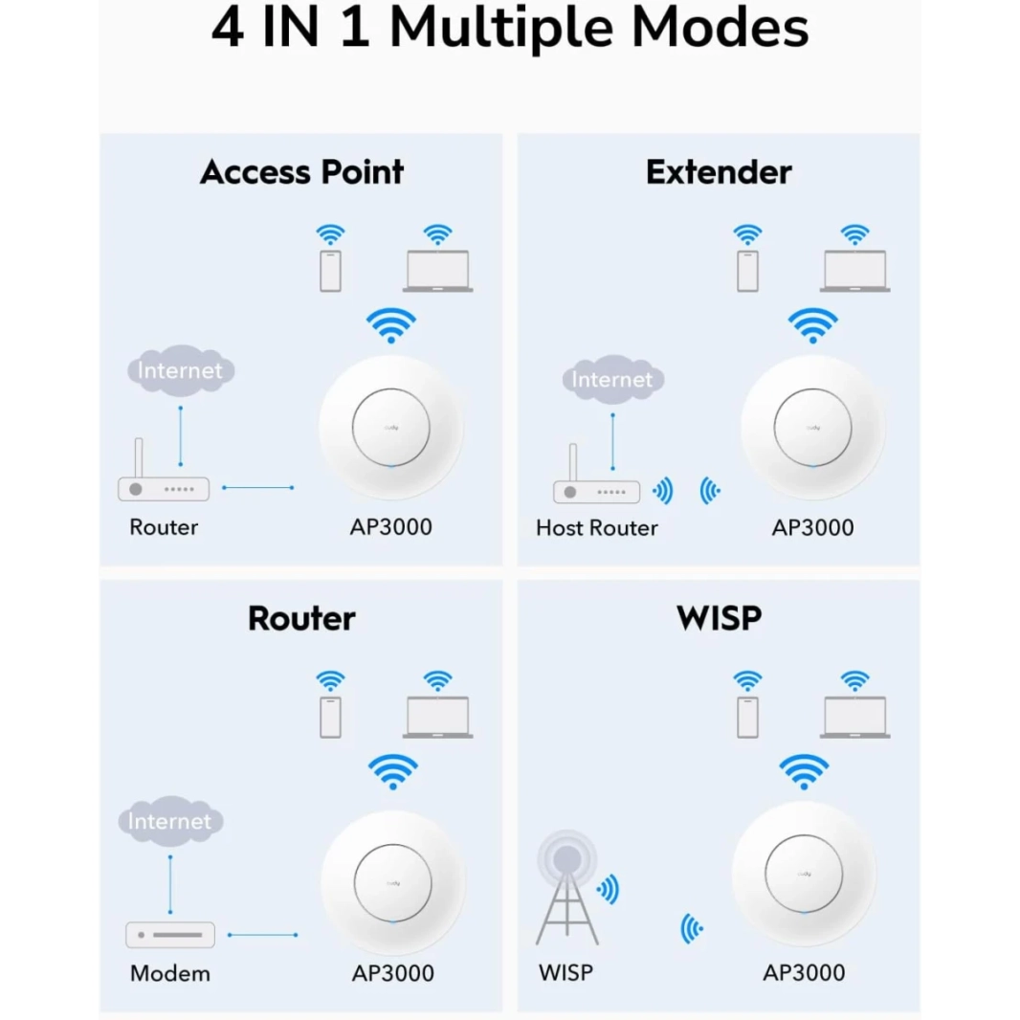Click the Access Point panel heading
(301, 172)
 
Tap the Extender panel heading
(719, 172)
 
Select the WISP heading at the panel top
(719, 618)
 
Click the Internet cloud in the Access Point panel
(180, 370)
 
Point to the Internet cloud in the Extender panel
(612, 379)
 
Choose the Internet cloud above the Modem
(170, 821)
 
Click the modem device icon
(170, 935)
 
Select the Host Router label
(597, 527)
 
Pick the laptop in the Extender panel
(854, 271)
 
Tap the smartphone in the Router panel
(330, 717)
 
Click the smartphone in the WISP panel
(747, 717)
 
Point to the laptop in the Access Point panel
(437, 271)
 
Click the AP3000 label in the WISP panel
(804, 973)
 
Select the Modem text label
(170, 974)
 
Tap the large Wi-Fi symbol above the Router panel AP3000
(393, 771)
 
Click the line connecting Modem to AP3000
(262, 935)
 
